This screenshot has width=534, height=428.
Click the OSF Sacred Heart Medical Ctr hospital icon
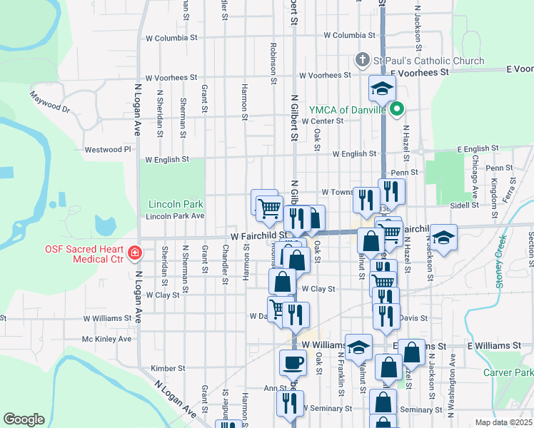(134, 253)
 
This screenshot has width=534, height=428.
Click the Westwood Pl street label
(109, 150)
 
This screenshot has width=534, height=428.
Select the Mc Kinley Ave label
(107, 339)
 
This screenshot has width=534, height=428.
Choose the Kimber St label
(168, 369)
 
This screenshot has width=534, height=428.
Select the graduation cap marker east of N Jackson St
(443, 238)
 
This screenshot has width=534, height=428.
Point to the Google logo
(24, 419)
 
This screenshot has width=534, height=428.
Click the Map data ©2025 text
(503, 422)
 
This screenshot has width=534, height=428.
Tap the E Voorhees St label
(418, 73)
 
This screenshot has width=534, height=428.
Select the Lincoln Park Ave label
(175, 215)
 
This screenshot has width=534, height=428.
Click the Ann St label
(275, 389)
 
